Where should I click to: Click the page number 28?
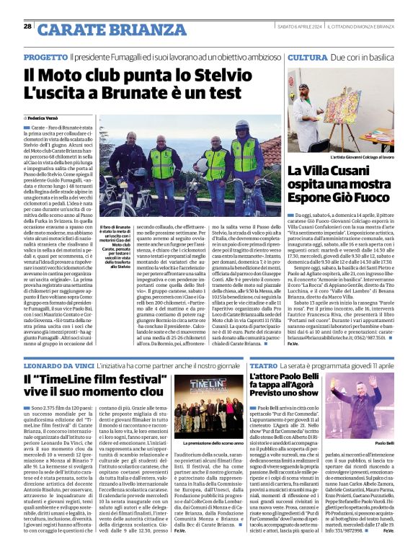point(27,26)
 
